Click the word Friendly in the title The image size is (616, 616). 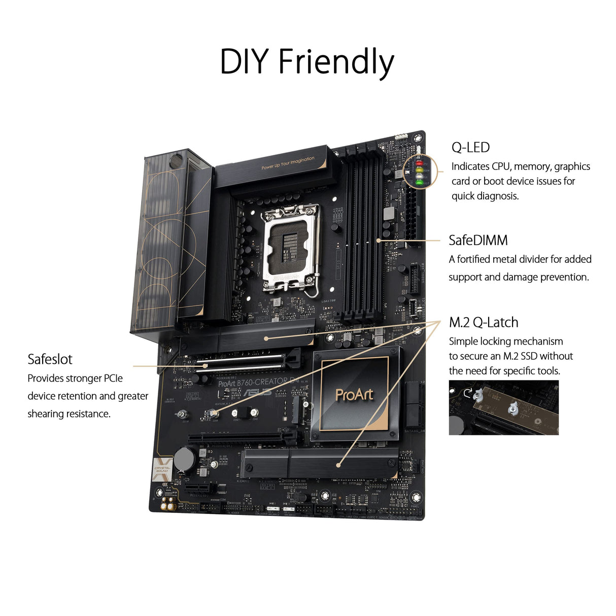pyautogui.click(x=336, y=62)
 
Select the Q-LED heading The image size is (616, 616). pyautogui.click(x=470, y=148)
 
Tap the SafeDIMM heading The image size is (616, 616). pyautogui.click(x=478, y=240)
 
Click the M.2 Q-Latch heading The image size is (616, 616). pyautogui.click(x=483, y=322)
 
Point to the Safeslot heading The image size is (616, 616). pyautogui.click(x=50, y=359)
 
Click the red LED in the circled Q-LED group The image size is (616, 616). pyautogui.click(x=419, y=163)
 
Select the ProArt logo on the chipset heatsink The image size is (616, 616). pyautogui.click(x=354, y=394)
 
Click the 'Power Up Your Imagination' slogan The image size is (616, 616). pyautogui.click(x=288, y=163)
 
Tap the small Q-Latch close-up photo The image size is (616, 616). pyautogui.click(x=503, y=407)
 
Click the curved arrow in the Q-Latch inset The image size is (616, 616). pyautogui.click(x=468, y=393)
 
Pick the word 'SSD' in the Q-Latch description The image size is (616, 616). pyautogui.click(x=528, y=356)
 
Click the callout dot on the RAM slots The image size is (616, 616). pyautogui.click(x=379, y=240)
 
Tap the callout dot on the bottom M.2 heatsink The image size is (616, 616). pyautogui.click(x=338, y=464)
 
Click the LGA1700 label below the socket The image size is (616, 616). pyautogui.click(x=328, y=301)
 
